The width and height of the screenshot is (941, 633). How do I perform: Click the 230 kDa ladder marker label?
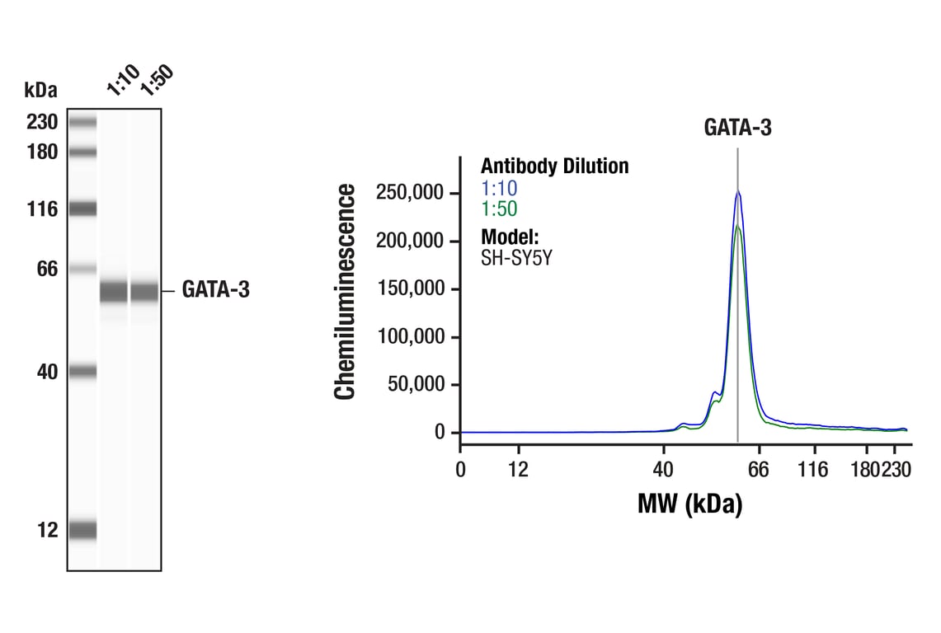[x=41, y=123]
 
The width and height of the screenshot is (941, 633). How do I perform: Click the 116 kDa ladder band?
[x=82, y=209]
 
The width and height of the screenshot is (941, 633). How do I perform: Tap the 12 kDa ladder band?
[x=82, y=530]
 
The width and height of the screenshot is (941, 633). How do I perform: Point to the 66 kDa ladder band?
[x=82, y=269]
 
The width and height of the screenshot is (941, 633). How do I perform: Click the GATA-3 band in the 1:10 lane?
[x=114, y=292]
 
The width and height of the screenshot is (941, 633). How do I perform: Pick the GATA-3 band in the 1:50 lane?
[x=145, y=292]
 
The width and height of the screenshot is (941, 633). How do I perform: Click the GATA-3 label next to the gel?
[x=215, y=290]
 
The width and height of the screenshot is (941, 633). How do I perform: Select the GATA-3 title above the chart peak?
[x=737, y=128]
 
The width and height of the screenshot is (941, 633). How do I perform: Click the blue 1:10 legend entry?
[x=499, y=188]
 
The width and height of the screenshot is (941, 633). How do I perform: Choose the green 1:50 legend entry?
[x=499, y=209]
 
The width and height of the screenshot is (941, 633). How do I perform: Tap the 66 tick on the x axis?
[x=758, y=469]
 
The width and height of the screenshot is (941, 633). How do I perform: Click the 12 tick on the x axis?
[x=519, y=469]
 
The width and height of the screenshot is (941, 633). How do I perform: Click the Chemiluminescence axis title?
[x=345, y=292]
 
